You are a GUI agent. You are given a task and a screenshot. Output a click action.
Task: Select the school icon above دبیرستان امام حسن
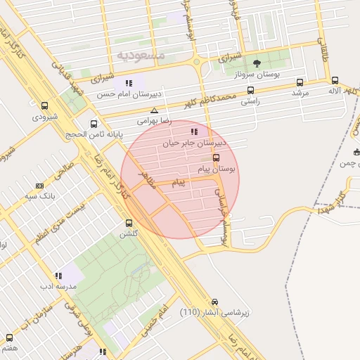pos(129,83)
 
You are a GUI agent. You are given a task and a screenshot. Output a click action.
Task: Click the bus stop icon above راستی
pos(250,90)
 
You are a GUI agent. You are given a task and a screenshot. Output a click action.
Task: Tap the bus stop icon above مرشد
pos(300,82)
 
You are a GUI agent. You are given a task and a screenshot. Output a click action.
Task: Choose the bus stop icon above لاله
pos(335,81)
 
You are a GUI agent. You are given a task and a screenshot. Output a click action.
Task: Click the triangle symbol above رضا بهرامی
pos(155,110)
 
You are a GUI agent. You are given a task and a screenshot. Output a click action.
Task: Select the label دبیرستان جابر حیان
pos(167,143)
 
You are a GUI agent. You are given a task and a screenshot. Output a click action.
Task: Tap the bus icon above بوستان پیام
pos(216,157)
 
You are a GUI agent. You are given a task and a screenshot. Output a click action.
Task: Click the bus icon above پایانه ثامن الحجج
pos(101,121)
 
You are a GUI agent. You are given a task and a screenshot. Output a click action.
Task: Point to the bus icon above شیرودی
pos(44,105)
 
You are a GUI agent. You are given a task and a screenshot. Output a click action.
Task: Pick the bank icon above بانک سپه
pos(39,186)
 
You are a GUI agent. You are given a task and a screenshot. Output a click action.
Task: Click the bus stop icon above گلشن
pos(127,222)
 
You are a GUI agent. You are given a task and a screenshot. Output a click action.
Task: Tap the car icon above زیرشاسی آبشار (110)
pos(215,302)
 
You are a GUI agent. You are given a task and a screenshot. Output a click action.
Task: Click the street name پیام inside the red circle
pos(179,183)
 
